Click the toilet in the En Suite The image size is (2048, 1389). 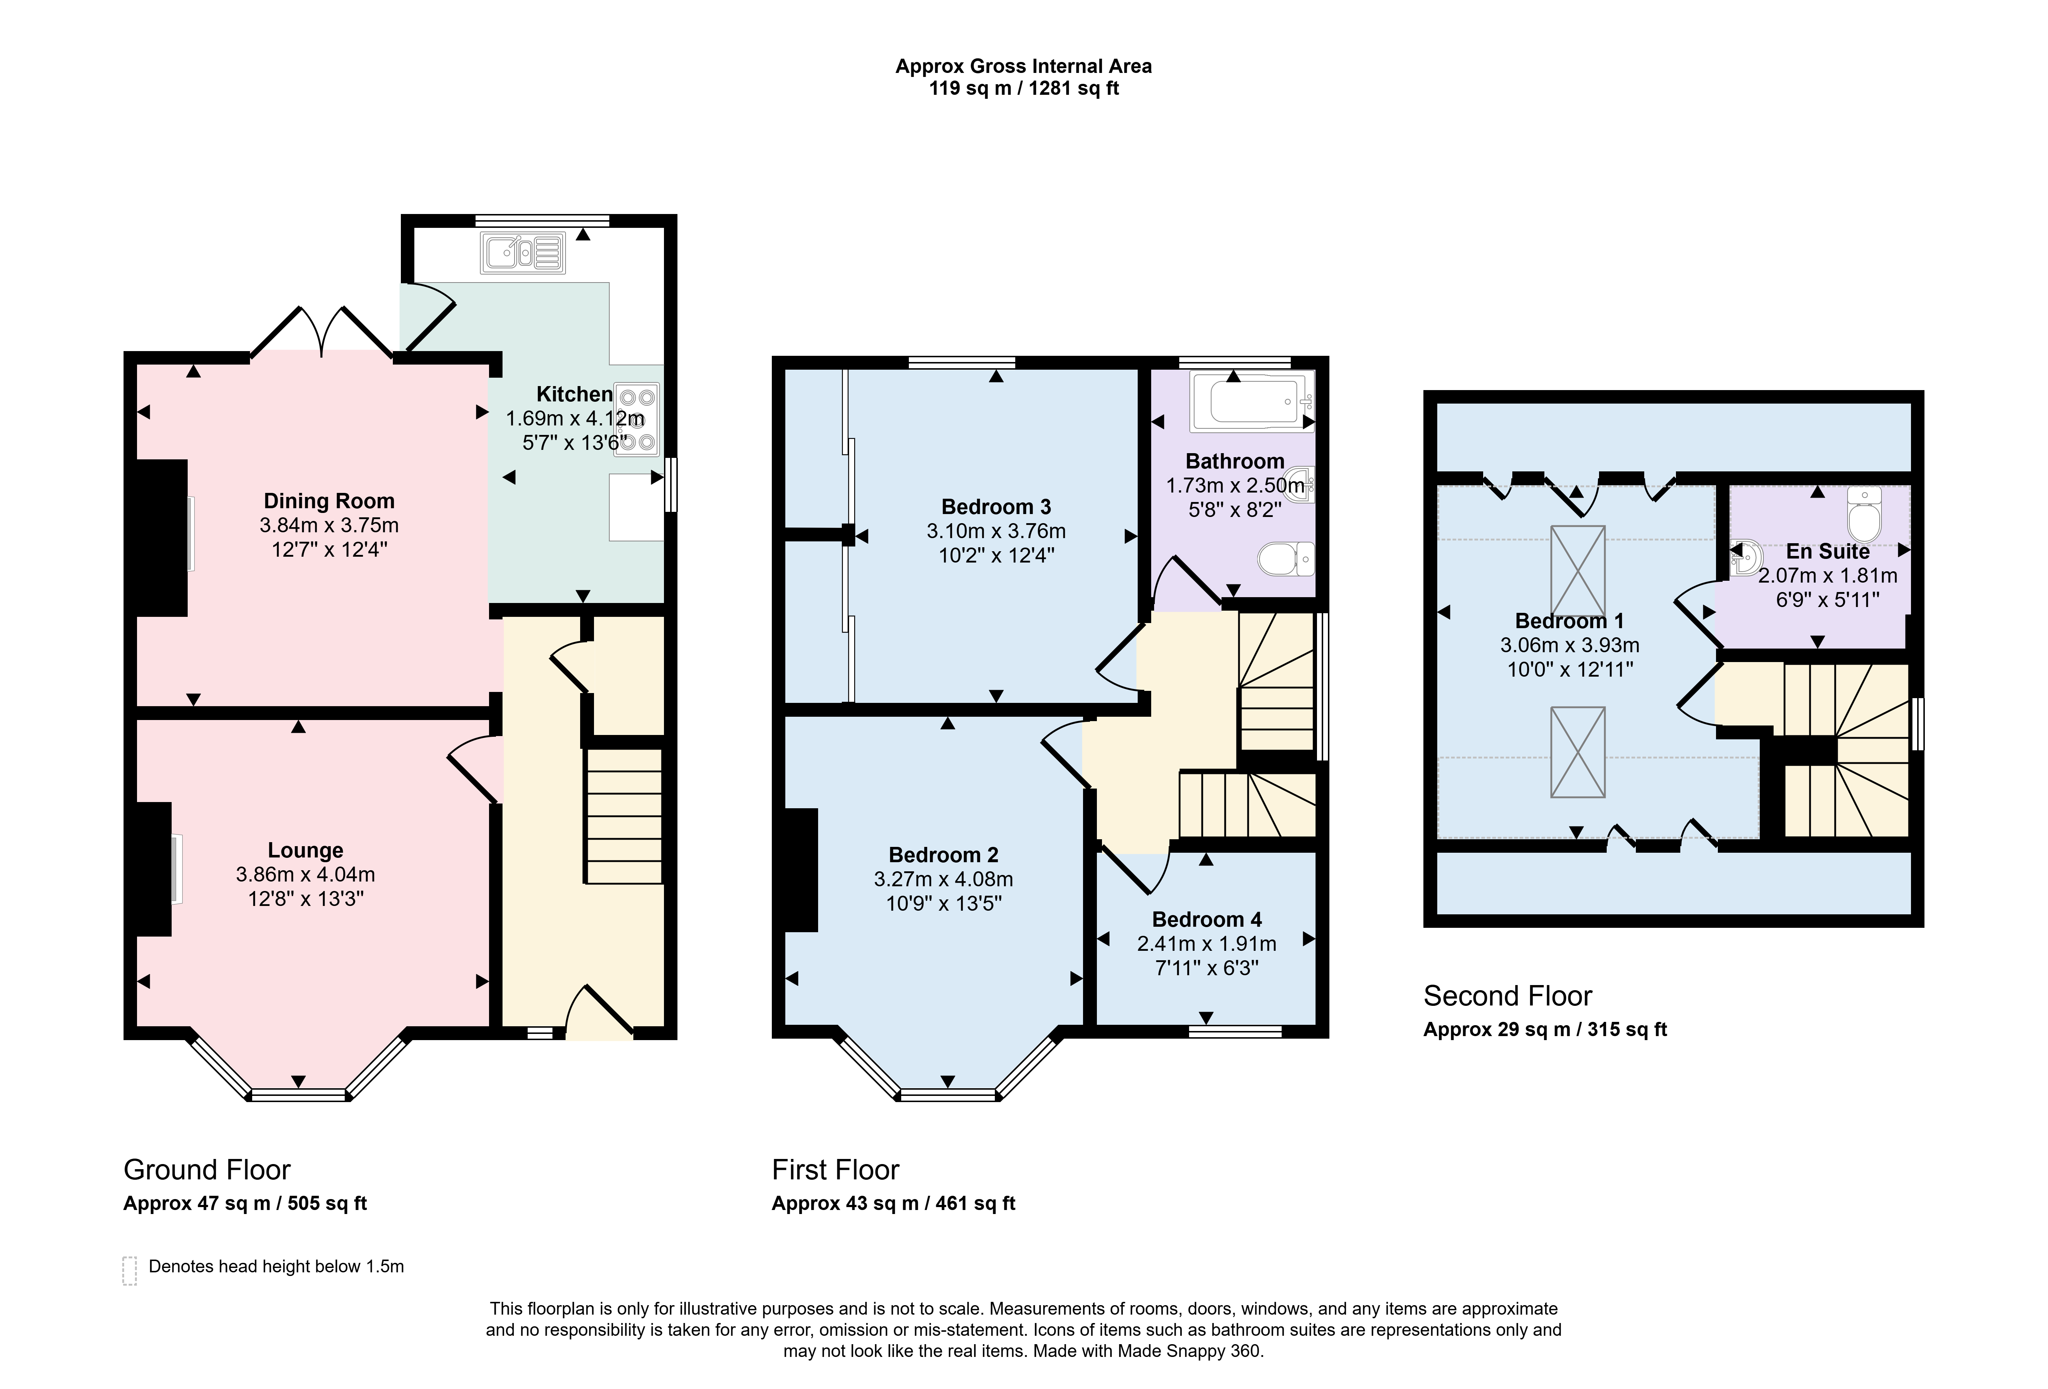click(x=1864, y=514)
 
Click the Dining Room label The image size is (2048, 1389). click(x=329, y=501)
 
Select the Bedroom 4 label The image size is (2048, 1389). click(x=1207, y=919)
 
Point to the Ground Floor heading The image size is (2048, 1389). click(x=207, y=1170)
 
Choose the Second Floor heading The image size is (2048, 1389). click(x=1508, y=996)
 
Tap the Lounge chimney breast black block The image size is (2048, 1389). click(x=153, y=868)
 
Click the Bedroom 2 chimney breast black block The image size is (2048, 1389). click(x=801, y=870)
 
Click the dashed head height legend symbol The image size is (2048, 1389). click(x=129, y=1271)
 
